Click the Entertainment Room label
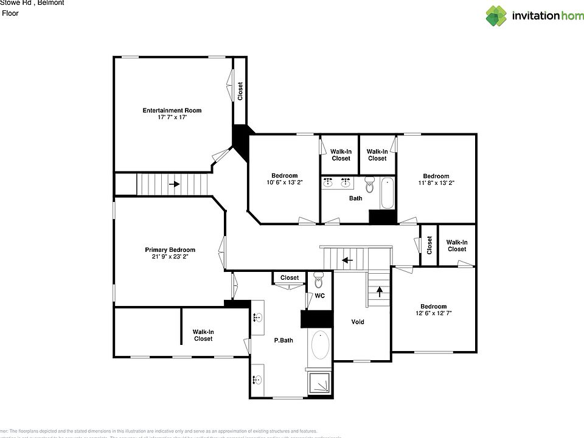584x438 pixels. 172,110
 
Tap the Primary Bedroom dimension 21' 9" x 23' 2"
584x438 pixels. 170,257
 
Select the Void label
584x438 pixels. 358,322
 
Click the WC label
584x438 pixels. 319,296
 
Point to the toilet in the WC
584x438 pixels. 319,281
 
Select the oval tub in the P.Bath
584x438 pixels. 320,346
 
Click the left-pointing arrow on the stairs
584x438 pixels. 347,260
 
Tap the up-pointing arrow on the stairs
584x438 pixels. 380,290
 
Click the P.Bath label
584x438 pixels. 283,340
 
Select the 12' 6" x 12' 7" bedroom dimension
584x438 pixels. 433,313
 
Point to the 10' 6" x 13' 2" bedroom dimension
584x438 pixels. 284,182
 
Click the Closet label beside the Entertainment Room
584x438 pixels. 240,91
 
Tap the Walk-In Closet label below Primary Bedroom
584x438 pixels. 203,335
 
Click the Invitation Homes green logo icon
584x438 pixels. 496,16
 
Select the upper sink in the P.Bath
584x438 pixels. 257,317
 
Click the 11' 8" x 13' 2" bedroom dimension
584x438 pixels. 436,182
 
